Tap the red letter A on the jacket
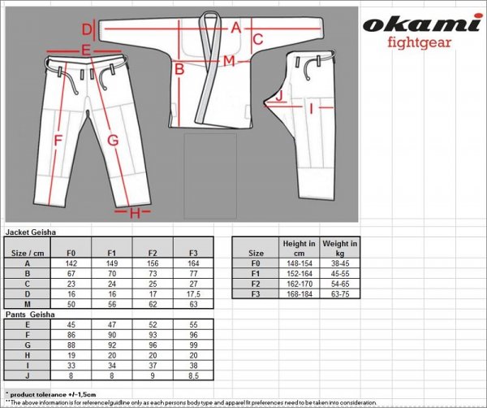pyautogui.click(x=235, y=27)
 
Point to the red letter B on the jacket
pyautogui.click(x=179, y=70)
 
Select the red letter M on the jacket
pyautogui.click(x=229, y=62)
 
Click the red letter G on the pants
pyautogui.click(x=113, y=140)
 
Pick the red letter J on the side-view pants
pyautogui.click(x=278, y=96)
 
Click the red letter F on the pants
pyautogui.click(x=58, y=140)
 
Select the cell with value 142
pyautogui.click(x=71, y=263)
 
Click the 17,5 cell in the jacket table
pyautogui.click(x=192, y=294)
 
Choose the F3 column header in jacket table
pyautogui.click(x=192, y=252)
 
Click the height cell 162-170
pyautogui.click(x=300, y=284)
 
